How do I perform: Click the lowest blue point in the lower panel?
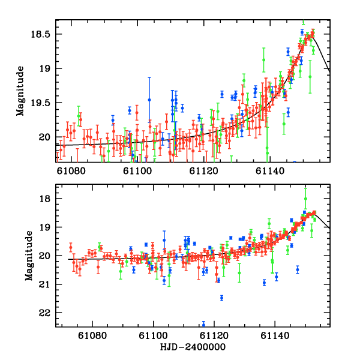pos(203,325)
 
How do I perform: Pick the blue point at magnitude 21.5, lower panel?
pos(221,298)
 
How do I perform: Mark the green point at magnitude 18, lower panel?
pos(305,199)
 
